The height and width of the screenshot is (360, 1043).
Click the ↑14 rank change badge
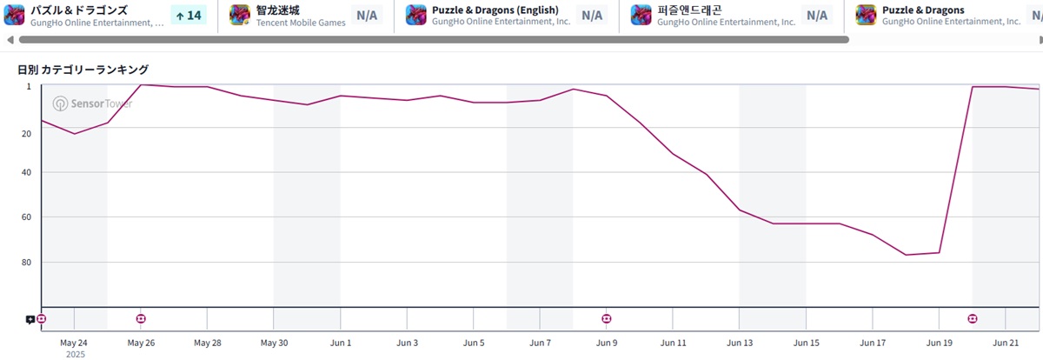(188, 16)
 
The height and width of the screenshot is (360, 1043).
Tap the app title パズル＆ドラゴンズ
(79, 10)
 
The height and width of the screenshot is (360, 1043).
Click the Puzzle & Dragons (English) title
(495, 10)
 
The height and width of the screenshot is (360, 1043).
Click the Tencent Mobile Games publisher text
(301, 23)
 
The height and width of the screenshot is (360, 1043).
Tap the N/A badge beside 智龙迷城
(368, 16)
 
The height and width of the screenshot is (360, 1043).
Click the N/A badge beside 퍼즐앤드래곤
(816, 16)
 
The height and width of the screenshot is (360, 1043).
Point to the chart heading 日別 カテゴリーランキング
(83, 69)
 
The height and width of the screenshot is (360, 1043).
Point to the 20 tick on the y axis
(29, 128)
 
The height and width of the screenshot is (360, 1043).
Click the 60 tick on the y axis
(29, 217)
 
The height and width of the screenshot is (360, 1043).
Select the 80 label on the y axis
(29, 262)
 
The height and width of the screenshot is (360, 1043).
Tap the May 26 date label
(141, 343)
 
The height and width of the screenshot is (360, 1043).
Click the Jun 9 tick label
(607, 343)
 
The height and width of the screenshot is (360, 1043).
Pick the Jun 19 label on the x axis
(940, 343)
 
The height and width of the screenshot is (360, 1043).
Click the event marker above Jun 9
(607, 319)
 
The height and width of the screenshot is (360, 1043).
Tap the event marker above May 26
(141, 319)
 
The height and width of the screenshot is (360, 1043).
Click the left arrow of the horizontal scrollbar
(10, 39)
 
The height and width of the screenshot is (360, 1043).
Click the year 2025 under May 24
(75, 354)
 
